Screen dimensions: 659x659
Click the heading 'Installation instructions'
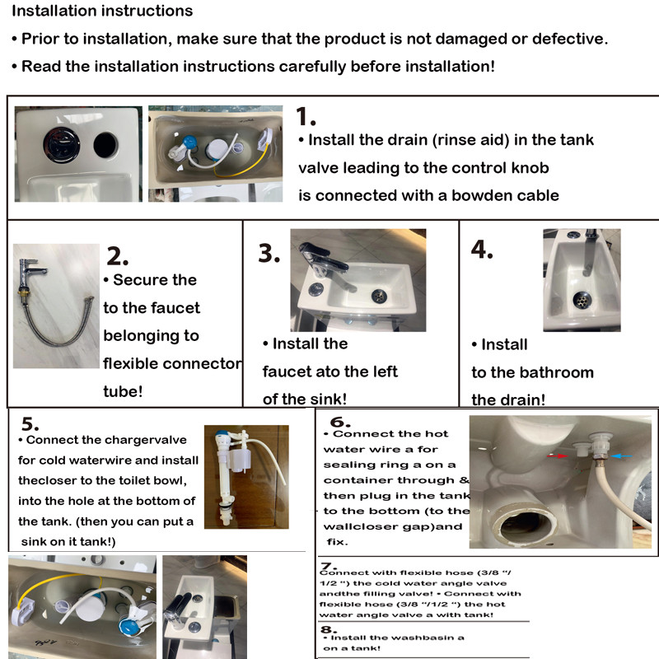pyautogui.click(x=102, y=12)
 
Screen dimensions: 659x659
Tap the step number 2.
pyautogui.click(x=118, y=255)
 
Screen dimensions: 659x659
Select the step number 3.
pyautogui.click(x=269, y=253)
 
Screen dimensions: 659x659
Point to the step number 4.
pyautogui.click(x=482, y=250)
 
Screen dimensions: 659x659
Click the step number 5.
pyautogui.click(x=30, y=424)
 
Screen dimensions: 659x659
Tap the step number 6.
pyautogui.click(x=340, y=421)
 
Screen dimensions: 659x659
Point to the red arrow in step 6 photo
pyautogui.click(x=563, y=454)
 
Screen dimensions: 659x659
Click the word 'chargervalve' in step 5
pyautogui.click(x=150, y=440)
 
